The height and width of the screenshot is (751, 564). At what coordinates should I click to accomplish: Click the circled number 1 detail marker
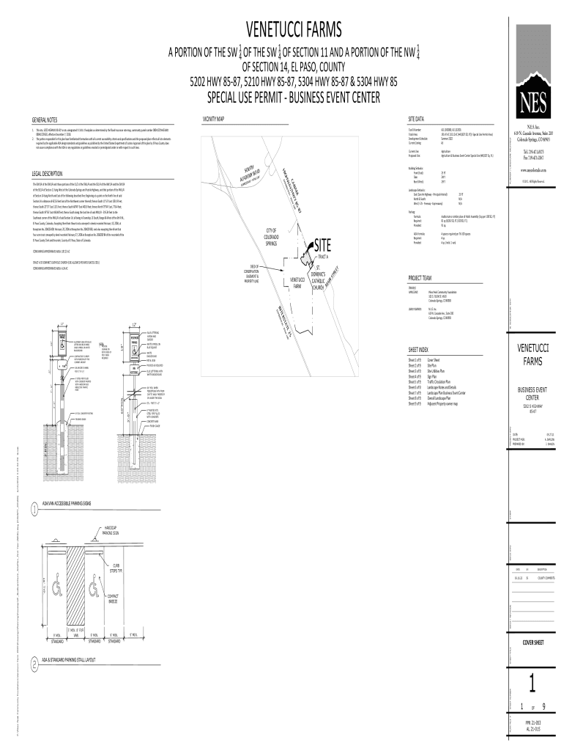pos(34,510)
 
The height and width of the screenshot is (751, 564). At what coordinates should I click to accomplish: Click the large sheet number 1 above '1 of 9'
pos(533,684)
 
